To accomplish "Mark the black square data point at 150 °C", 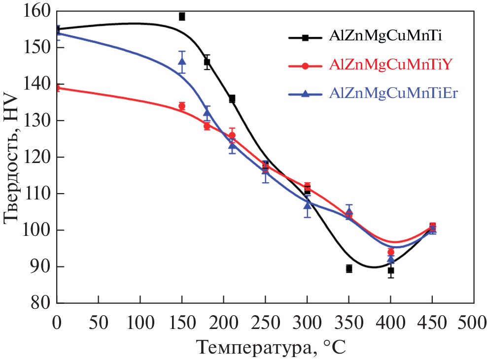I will click(182, 16).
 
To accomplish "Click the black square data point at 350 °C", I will click(349, 268).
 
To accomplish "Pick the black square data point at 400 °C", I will click(391, 270).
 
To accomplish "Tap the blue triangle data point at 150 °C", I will click(182, 62).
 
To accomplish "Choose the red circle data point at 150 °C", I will click(182, 106).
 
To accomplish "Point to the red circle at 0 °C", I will click(57, 88).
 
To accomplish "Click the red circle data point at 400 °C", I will click(391, 252).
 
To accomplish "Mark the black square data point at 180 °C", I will click(207, 62).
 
